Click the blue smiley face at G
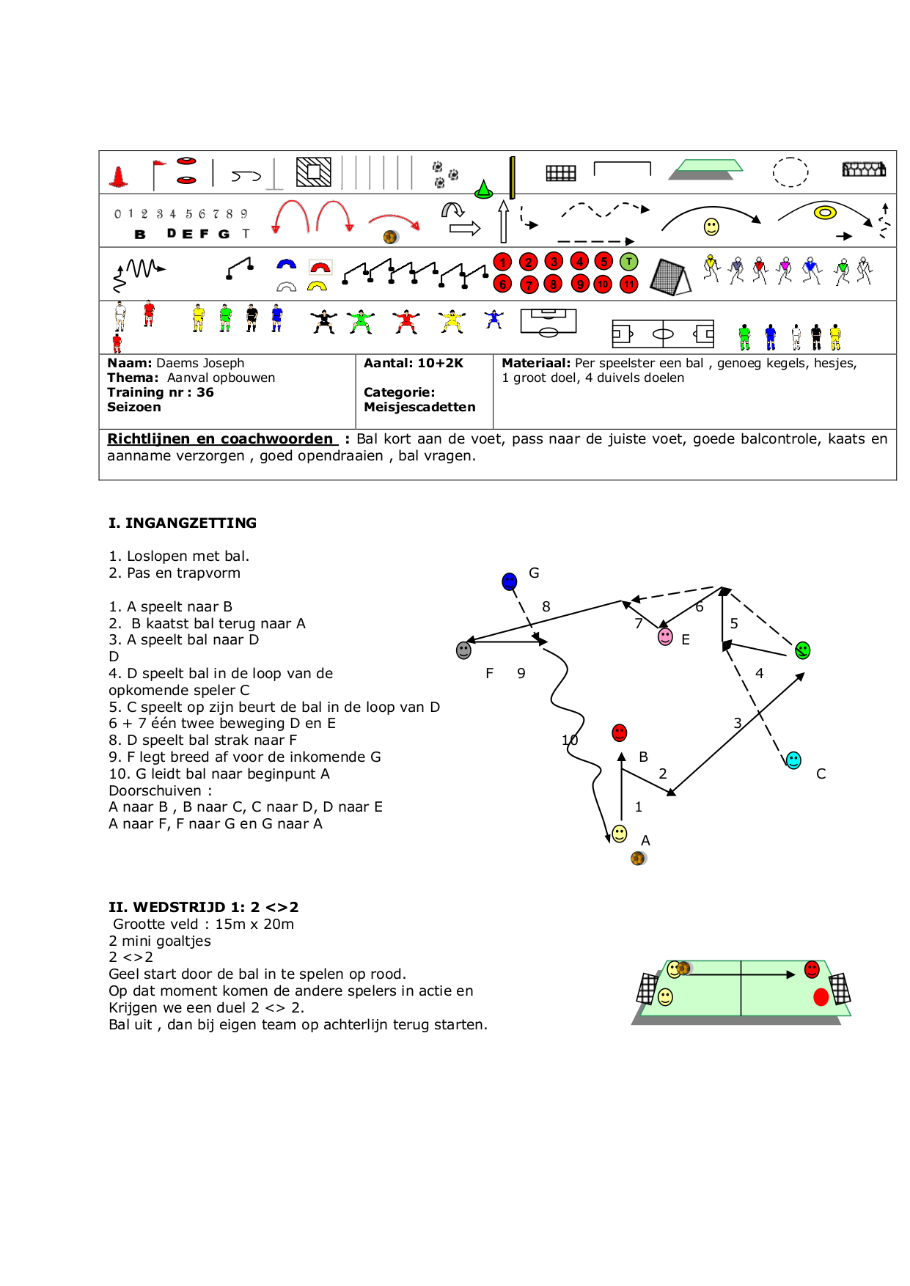point(510,582)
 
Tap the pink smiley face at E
point(665,636)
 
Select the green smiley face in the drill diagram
point(803,650)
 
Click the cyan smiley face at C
point(793,760)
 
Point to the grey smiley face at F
point(463,650)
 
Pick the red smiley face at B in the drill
point(620,733)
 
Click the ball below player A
point(638,858)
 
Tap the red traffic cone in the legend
point(119,176)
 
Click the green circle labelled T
point(628,262)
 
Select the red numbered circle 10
point(603,284)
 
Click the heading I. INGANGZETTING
point(183,523)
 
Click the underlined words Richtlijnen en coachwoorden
point(220,438)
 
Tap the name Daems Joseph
point(200,363)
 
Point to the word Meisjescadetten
point(419,407)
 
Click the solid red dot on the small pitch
point(821,997)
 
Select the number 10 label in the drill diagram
point(570,740)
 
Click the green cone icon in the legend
point(483,190)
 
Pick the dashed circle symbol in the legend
point(790,172)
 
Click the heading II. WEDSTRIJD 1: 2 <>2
point(204,907)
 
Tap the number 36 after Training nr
point(205,392)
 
